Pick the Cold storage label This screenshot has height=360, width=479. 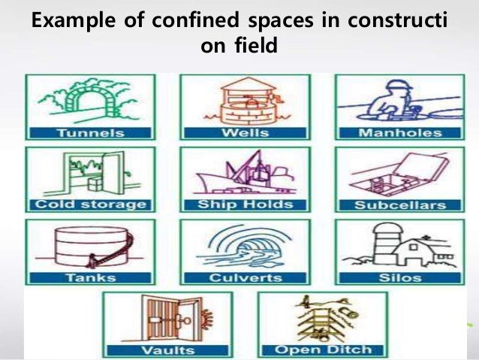(89, 205)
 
